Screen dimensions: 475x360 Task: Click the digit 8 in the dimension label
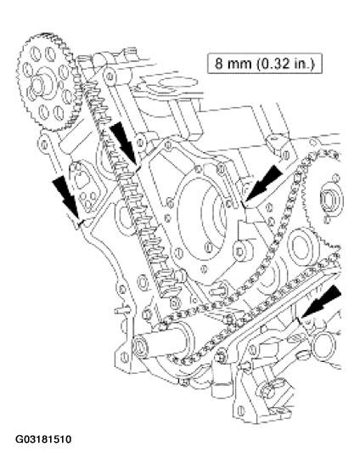(x=221, y=65)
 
